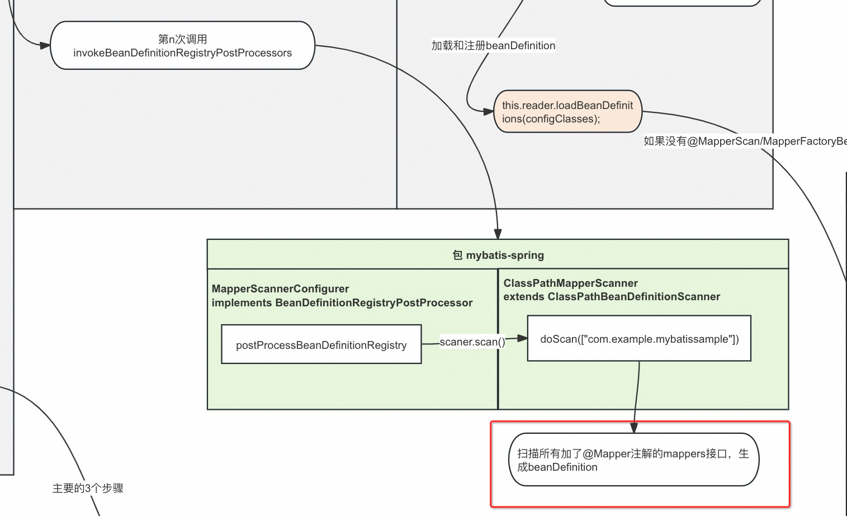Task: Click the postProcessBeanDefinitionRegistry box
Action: (321, 345)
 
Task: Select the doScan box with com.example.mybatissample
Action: (639, 339)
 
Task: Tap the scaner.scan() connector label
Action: (472, 342)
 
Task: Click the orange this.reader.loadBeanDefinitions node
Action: (567, 112)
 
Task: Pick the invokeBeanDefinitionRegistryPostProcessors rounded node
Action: (182, 46)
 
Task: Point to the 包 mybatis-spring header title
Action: (498, 255)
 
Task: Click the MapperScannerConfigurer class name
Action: (280, 289)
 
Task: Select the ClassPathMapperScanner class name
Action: (570, 283)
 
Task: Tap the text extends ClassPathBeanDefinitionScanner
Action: (612, 297)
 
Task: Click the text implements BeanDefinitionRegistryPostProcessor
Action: (342, 303)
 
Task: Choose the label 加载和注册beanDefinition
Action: (493, 46)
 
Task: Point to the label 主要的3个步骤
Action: (88, 488)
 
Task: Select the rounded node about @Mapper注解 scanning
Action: (633, 460)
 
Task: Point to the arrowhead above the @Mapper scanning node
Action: (634, 428)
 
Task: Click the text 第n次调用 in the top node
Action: (182, 39)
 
